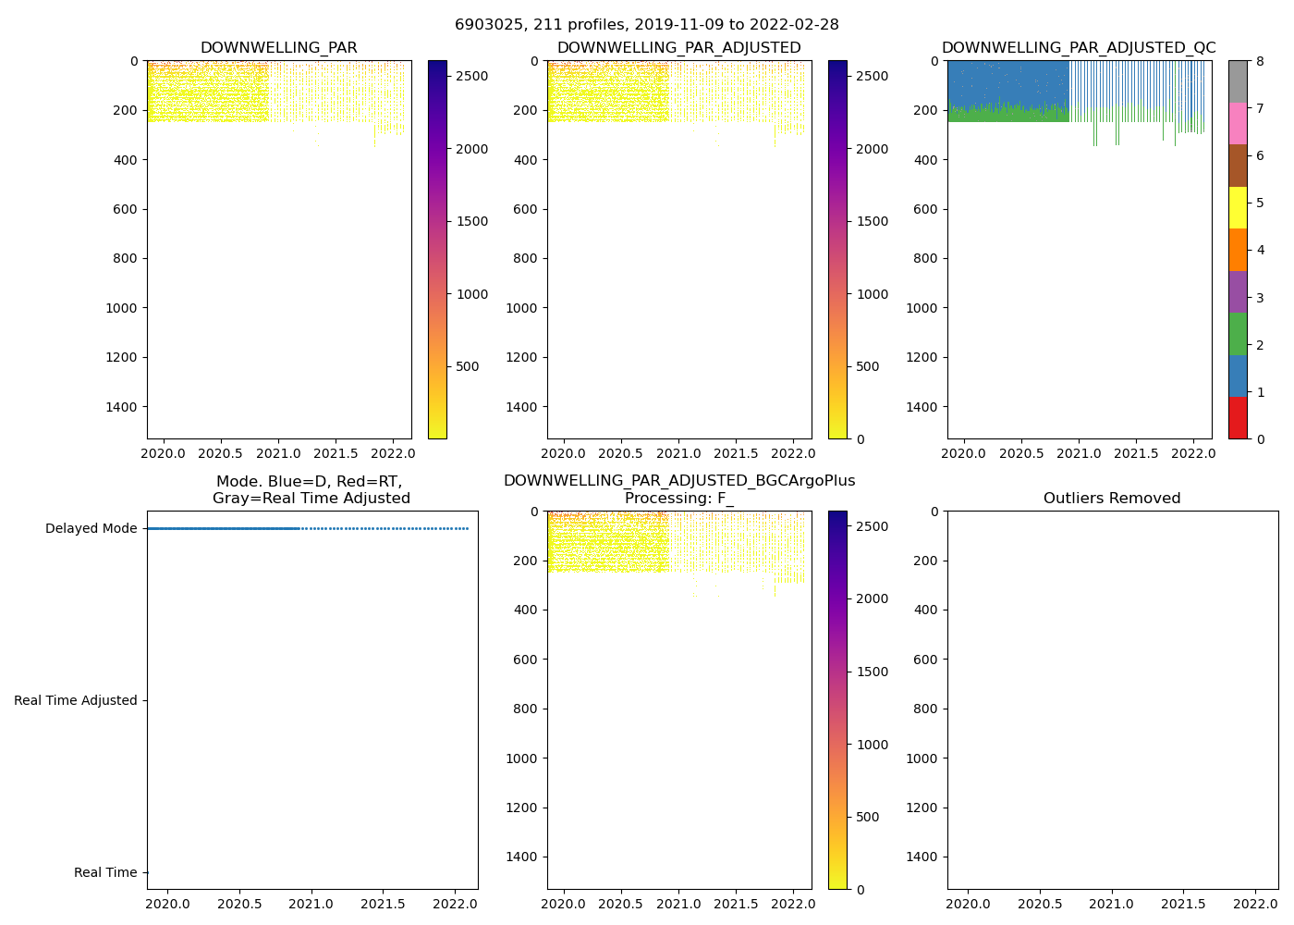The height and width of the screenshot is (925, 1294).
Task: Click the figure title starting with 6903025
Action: (647, 25)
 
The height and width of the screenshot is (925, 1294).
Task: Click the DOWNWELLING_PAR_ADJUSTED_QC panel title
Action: (1079, 48)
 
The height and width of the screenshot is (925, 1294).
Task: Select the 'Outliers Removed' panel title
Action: (1112, 499)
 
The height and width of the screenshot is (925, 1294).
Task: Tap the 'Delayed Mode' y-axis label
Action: (91, 529)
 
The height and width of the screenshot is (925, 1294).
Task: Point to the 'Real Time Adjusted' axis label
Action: (76, 701)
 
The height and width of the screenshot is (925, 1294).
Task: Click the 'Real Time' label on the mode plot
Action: (105, 873)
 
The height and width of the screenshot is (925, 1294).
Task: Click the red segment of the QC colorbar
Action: (1238, 418)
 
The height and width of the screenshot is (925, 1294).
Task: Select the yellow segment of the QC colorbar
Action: (1238, 208)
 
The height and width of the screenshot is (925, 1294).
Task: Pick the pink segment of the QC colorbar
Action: (1238, 124)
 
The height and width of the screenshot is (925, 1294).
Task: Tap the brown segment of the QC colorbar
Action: (1238, 166)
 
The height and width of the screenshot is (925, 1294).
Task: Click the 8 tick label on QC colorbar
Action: (1259, 62)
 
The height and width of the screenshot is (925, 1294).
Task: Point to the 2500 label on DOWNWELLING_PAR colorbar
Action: (472, 76)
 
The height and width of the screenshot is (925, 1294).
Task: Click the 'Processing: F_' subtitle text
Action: (679, 499)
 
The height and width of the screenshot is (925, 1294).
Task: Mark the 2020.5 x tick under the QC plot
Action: (1021, 453)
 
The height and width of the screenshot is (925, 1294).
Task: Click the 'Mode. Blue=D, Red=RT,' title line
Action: (310, 482)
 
